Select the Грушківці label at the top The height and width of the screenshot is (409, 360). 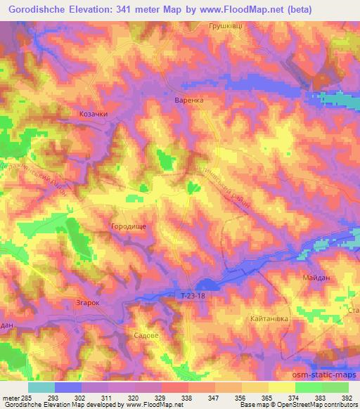coord(226,26)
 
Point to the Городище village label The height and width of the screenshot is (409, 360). coord(128,227)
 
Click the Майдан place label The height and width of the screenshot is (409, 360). coord(317,279)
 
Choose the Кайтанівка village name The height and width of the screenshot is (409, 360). coord(271,319)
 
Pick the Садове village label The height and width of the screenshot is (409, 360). coord(146,336)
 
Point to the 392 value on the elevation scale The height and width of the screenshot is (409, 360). coord(347,397)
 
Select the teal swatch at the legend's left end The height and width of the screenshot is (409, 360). coord(41,387)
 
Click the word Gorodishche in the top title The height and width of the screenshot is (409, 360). coord(45,8)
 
